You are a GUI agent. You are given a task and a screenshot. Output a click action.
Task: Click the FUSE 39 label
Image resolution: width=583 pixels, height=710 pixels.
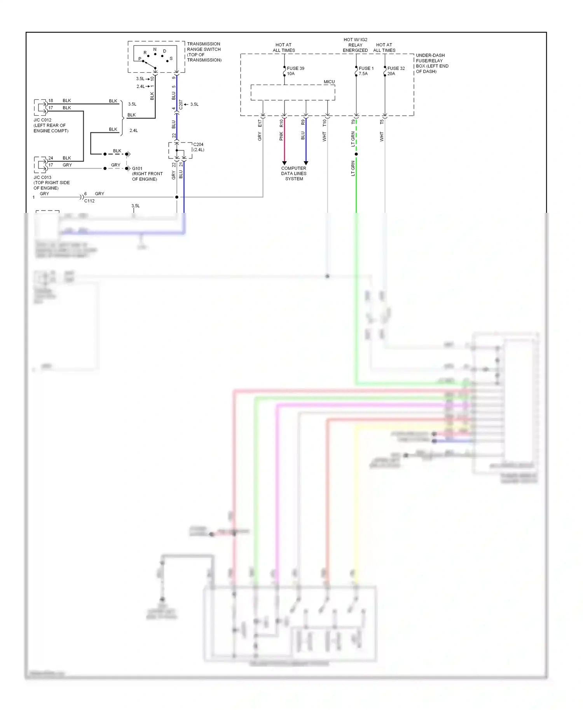click(x=295, y=68)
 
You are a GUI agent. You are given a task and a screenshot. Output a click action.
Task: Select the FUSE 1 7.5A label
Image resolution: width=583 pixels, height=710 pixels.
click(x=366, y=71)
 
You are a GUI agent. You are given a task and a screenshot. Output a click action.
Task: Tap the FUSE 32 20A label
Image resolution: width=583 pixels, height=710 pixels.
click(x=396, y=71)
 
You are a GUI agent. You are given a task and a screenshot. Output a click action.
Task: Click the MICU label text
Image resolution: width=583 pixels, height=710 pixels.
click(x=329, y=82)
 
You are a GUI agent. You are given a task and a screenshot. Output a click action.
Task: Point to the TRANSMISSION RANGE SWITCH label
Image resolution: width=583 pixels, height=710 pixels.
click(x=204, y=52)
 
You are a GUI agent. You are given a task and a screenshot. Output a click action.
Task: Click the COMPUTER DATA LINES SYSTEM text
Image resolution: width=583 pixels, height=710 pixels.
click(x=294, y=174)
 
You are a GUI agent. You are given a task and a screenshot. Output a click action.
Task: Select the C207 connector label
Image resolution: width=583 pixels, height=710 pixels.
click(x=181, y=104)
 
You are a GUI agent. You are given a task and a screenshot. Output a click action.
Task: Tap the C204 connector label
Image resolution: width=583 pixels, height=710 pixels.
click(x=198, y=147)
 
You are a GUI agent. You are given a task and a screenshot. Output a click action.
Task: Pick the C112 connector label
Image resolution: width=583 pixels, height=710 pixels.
click(x=89, y=201)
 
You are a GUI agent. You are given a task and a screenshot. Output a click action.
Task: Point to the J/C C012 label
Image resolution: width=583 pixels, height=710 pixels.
click(x=51, y=125)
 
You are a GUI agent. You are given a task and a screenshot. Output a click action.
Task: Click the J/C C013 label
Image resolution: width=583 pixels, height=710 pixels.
click(x=51, y=183)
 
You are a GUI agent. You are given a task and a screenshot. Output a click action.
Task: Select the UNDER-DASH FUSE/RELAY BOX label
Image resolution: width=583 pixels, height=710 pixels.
click(x=432, y=63)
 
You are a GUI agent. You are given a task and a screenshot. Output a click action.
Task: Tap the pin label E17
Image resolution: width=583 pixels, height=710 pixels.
click(x=260, y=123)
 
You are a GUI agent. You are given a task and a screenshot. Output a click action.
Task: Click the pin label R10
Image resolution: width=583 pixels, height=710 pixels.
click(x=281, y=123)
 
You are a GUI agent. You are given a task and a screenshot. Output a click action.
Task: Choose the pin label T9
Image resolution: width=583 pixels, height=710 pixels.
click(x=353, y=122)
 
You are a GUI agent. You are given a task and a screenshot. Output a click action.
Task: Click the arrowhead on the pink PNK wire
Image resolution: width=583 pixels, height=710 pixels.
click(x=284, y=163)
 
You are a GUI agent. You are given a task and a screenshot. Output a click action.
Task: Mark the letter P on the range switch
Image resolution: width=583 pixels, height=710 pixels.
click(x=140, y=59)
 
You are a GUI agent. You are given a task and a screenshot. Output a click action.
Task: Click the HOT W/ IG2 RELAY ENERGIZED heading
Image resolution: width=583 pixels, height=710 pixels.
click(x=355, y=45)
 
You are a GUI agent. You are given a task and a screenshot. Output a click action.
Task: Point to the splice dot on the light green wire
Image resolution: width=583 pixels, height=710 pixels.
click(x=356, y=154)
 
